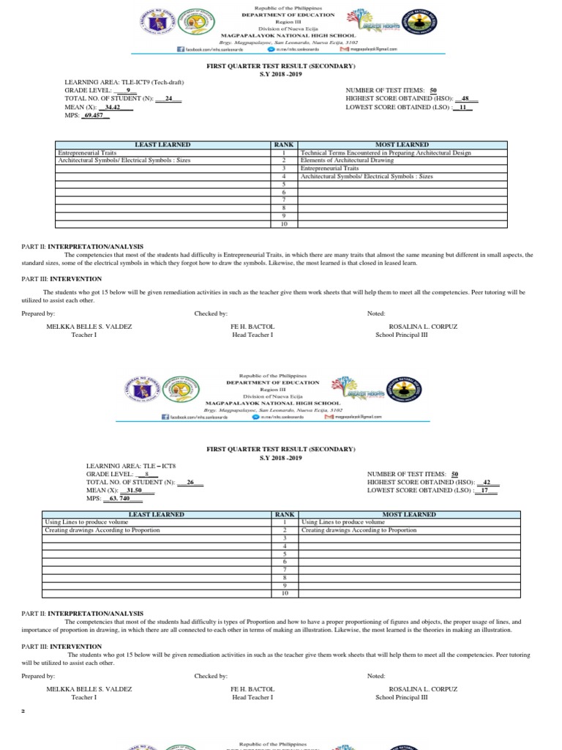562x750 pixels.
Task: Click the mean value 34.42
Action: click(x=113, y=107)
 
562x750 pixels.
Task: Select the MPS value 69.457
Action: click(x=94, y=115)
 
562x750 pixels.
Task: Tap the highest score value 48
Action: click(x=465, y=99)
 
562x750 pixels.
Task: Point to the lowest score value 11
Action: click(x=462, y=107)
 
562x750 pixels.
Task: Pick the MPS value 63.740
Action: click(x=118, y=499)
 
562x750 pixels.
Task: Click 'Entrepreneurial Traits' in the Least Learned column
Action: click(x=86, y=153)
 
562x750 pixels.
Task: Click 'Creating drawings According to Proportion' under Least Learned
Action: click(x=102, y=530)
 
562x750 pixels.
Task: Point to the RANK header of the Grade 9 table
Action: click(x=283, y=145)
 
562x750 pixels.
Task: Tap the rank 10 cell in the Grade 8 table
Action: click(x=283, y=593)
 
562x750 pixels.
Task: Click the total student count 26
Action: click(x=190, y=483)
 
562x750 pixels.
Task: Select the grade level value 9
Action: click(x=127, y=91)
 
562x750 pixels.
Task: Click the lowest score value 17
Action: click(x=484, y=491)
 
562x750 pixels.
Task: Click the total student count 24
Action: click(x=168, y=99)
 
